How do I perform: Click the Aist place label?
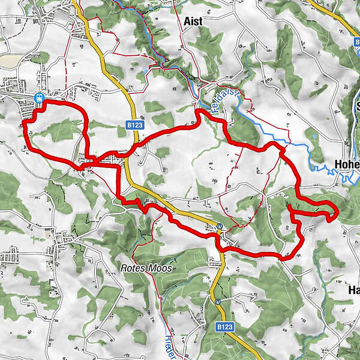[x=193, y=21]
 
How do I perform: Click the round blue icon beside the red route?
[x=220, y=226]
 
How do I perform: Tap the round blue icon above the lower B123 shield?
[x=217, y=301]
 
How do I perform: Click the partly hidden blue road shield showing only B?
[x=356, y=43]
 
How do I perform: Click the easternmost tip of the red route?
[x=338, y=211]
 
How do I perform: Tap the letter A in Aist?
[x=185, y=21]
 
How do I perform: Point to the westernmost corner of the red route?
[x=23, y=123]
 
